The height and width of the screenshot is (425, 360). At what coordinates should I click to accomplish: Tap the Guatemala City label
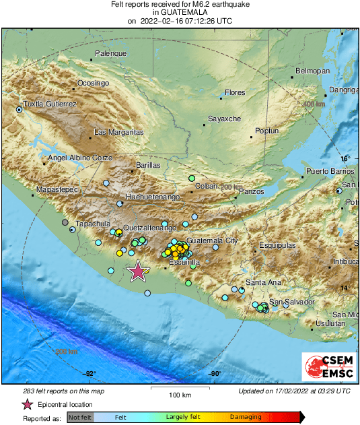[x=213, y=240]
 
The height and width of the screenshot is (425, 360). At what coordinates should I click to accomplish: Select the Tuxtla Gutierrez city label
[x=50, y=104]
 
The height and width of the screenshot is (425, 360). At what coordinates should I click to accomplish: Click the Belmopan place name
[x=313, y=71]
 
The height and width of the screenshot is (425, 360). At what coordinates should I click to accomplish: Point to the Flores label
[x=235, y=92]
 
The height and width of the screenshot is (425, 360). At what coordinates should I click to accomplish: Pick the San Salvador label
[x=292, y=302]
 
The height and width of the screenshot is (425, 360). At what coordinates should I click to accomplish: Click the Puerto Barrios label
[x=330, y=172]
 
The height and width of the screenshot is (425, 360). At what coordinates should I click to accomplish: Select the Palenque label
[x=110, y=53]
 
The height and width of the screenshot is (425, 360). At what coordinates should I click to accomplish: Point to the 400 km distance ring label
[x=313, y=104]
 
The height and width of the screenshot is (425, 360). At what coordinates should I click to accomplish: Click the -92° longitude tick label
[x=90, y=374]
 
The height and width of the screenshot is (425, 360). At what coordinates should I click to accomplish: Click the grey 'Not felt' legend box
[x=80, y=418]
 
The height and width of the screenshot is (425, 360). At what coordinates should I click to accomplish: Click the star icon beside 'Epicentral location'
[x=27, y=404]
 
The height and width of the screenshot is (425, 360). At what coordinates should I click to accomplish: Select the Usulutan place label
[x=330, y=324]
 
